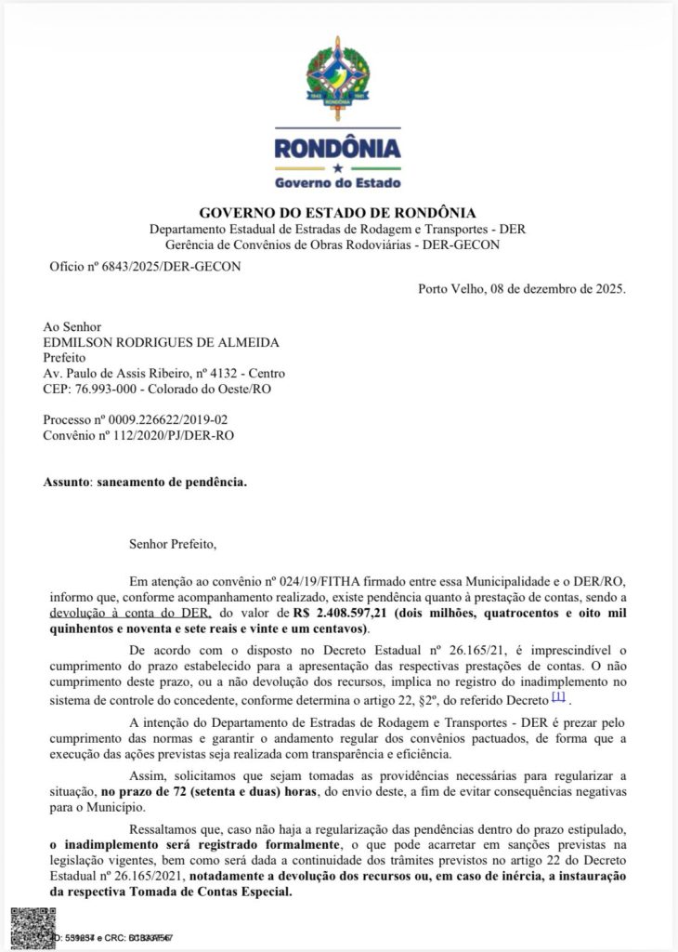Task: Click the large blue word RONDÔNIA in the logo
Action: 338,148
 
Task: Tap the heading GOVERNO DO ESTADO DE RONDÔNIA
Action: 338,213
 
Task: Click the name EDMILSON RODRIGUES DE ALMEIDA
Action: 161,342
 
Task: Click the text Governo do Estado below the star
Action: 338,182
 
